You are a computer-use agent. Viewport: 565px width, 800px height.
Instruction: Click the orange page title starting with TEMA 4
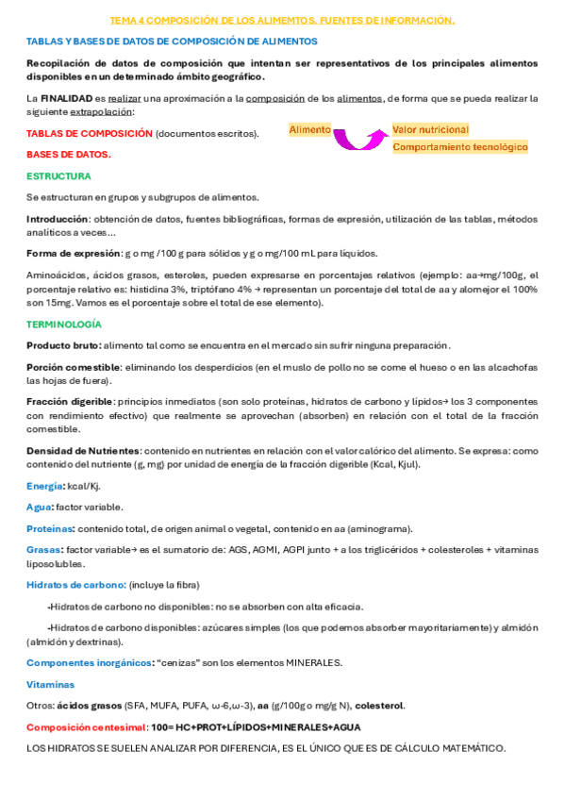tap(282, 19)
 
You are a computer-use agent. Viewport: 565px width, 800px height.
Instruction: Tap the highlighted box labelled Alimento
tap(310, 129)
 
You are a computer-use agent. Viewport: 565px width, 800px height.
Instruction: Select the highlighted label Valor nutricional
tap(430, 129)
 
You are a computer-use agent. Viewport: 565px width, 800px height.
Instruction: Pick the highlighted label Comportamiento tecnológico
tap(459, 147)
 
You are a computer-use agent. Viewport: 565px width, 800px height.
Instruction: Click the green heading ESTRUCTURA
tap(58, 175)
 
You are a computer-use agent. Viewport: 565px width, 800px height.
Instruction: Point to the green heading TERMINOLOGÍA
tap(65, 324)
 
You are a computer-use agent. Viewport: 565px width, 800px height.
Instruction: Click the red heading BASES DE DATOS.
tap(68, 154)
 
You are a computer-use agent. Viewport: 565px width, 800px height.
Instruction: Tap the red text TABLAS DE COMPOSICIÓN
tap(89, 133)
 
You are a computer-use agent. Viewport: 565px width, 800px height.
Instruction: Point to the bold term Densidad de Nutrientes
tap(83, 450)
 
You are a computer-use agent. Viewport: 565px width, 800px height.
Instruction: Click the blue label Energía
tap(44, 485)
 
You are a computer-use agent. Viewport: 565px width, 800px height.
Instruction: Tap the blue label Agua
tap(39, 507)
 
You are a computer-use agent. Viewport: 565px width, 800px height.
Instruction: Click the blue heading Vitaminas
tap(50, 684)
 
